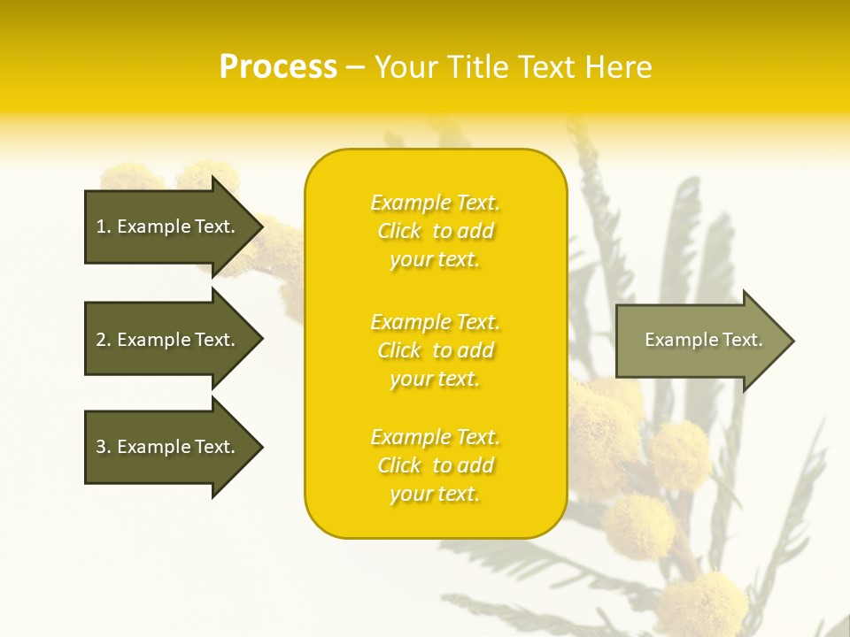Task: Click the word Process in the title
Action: [278, 67]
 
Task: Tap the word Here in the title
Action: [617, 67]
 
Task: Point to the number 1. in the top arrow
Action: [103, 226]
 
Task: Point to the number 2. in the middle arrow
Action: [103, 340]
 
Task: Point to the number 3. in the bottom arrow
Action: [103, 447]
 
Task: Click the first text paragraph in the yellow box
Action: [436, 231]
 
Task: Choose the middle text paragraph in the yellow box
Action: [436, 350]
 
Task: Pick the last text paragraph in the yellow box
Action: [436, 465]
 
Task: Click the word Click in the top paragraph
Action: [399, 231]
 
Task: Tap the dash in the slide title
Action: [355, 67]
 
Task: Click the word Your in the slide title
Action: [408, 67]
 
